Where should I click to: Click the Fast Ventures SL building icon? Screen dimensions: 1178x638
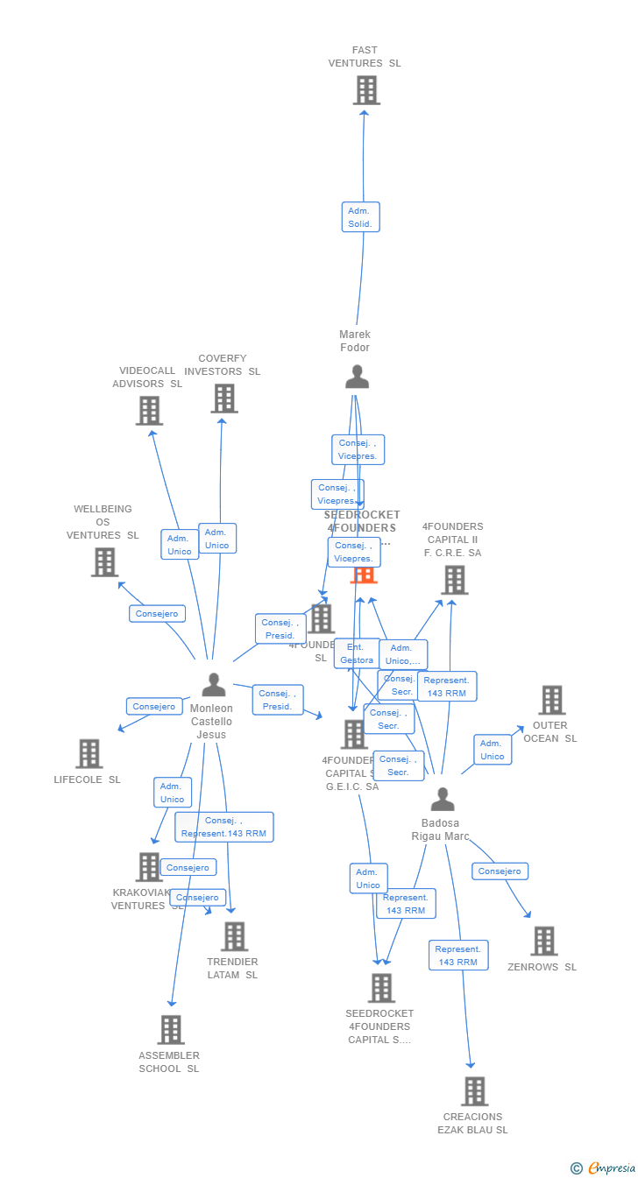[x=366, y=90]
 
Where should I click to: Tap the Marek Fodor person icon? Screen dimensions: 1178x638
[x=357, y=377]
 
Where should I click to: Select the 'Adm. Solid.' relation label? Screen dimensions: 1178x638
[x=360, y=217]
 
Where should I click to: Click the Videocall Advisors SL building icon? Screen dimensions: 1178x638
[x=149, y=410]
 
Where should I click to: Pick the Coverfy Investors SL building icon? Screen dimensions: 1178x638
[x=224, y=399]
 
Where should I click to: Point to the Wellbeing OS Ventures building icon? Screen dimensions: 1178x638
[x=104, y=562]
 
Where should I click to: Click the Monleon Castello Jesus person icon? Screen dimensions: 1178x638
[x=214, y=685]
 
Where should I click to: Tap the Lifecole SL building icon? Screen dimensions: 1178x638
[x=89, y=753]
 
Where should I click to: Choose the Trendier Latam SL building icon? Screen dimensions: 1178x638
[x=234, y=936]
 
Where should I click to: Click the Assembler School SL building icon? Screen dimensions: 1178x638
[x=170, y=1030]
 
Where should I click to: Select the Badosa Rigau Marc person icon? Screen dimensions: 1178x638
[x=443, y=799]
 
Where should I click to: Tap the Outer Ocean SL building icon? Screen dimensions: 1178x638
[x=551, y=700]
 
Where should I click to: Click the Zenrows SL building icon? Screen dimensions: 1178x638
[x=543, y=942]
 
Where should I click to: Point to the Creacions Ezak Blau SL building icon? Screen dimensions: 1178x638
[x=474, y=1091]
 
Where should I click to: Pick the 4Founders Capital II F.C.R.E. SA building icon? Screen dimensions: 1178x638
[x=454, y=580]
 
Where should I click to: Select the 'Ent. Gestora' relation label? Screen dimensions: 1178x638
[x=357, y=653]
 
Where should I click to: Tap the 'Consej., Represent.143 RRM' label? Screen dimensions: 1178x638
[x=224, y=827]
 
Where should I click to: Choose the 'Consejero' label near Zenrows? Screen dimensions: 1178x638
[x=500, y=871]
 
